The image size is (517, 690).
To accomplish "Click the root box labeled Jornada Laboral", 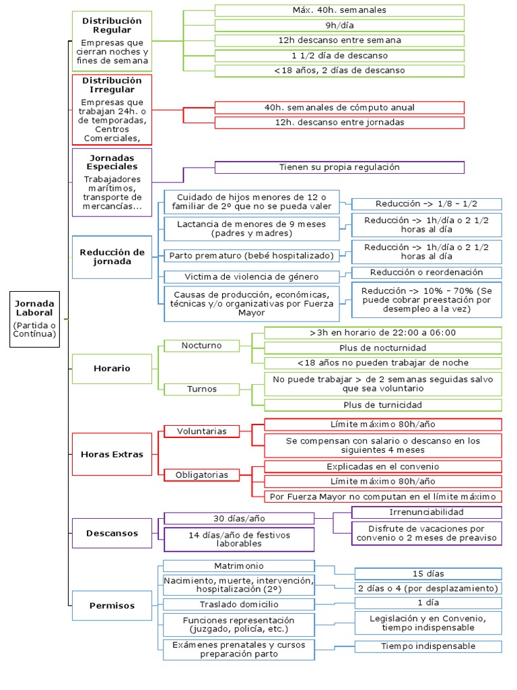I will click(35, 319).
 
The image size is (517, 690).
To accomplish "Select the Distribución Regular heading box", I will click(112, 42).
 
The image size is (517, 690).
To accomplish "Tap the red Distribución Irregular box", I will click(112, 109).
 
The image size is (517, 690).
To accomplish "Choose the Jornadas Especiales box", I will click(112, 182).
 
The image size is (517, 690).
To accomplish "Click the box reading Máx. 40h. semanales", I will click(339, 10).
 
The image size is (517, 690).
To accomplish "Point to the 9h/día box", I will click(339, 25).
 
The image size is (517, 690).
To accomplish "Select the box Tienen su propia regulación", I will click(339, 167).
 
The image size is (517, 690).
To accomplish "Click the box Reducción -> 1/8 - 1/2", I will click(427, 204).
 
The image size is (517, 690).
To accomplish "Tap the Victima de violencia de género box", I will click(252, 277).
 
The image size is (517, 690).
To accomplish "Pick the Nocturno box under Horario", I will click(201, 346).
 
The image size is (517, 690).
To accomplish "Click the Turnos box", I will click(201, 389).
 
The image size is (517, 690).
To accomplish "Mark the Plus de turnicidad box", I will click(382, 405).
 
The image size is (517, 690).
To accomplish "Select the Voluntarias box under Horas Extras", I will click(201, 431).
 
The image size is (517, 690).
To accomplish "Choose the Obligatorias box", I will click(201, 475).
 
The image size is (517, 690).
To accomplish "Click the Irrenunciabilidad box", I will click(427, 513).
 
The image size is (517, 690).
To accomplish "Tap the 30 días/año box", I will click(239, 518).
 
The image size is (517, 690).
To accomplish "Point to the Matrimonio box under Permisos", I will click(239, 566).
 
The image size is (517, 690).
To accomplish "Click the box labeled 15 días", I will click(428, 573).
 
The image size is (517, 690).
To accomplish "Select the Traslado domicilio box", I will click(239, 604).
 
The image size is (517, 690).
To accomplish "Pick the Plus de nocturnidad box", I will click(382, 348).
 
